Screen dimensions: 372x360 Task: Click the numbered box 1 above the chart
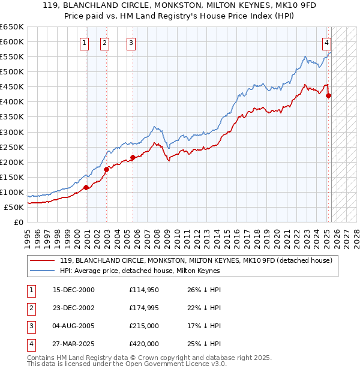pos(84,43)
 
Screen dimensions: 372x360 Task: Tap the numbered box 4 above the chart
pos(326,43)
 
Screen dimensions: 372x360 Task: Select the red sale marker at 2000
pos(86,187)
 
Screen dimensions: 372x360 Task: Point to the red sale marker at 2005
pos(133,157)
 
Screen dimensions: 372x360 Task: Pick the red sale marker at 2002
pos(106,169)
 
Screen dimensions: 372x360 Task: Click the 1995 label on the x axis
pos(28,234)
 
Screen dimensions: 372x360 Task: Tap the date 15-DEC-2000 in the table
pos(74,290)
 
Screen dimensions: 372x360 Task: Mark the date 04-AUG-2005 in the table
pos(74,326)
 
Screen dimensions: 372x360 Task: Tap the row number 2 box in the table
pos(31,308)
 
